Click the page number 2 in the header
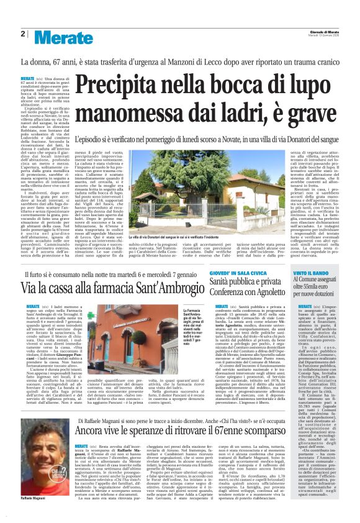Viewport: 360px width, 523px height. [22, 34]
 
